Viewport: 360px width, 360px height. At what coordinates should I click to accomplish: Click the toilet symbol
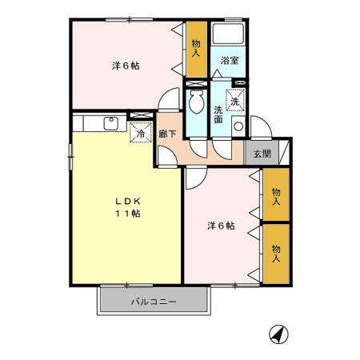tap(196, 103)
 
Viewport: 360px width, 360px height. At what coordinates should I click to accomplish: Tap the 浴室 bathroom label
tap(230, 60)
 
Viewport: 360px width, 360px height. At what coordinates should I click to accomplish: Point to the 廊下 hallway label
tap(167, 135)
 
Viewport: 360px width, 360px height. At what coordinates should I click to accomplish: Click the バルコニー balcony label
tap(154, 302)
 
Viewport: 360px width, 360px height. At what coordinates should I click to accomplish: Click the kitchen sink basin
tap(110, 123)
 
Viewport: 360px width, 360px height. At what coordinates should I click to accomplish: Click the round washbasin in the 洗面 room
tap(237, 126)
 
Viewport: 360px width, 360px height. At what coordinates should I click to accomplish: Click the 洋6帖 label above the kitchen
tap(125, 66)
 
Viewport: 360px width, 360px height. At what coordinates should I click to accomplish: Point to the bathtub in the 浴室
tap(230, 36)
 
